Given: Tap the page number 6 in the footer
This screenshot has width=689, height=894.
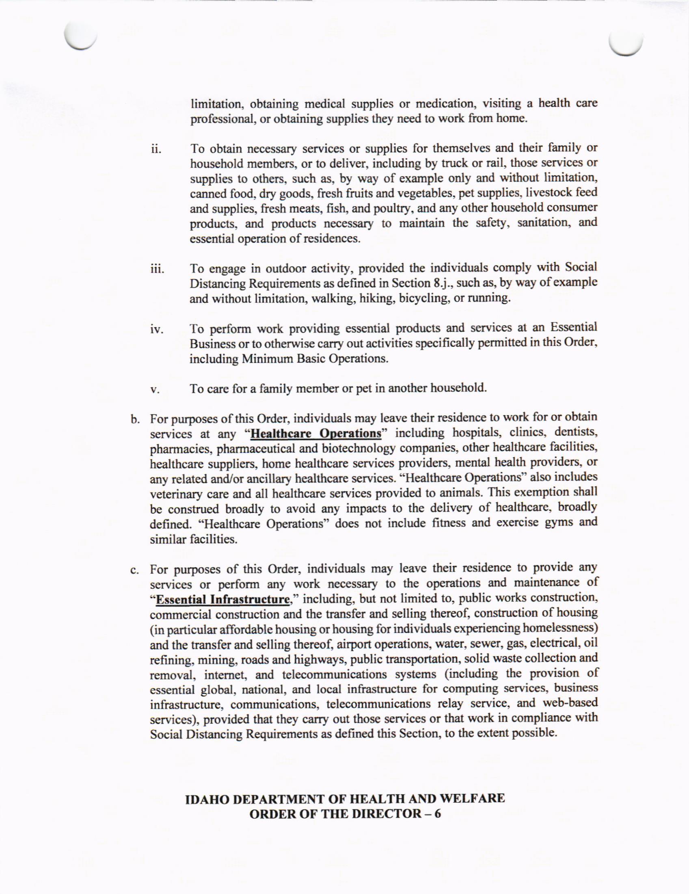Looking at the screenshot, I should pyautogui.click(x=437, y=812).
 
